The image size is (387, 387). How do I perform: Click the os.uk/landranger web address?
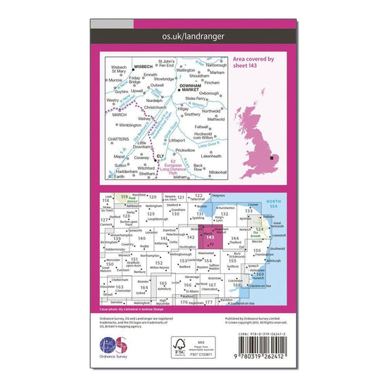[193, 34]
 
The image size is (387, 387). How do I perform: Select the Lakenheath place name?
[211, 156]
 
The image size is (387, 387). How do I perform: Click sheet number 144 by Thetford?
[234, 240]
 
